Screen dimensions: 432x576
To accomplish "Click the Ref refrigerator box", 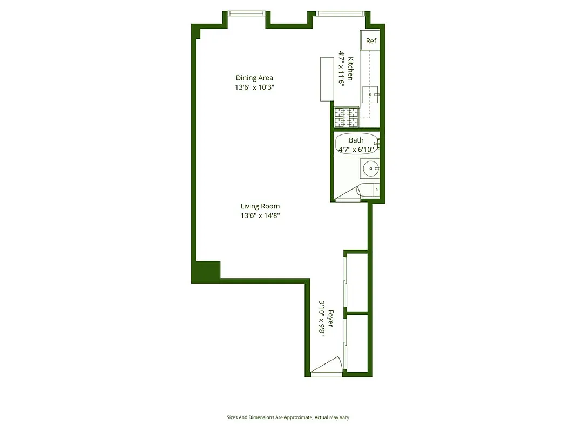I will (371, 41).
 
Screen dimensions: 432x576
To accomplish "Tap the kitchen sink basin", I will (371, 95).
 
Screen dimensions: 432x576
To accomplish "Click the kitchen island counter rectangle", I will (327, 79).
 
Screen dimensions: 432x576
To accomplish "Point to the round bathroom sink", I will (370, 168).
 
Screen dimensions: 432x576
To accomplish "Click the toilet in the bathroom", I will (368, 190).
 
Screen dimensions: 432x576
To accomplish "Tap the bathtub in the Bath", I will (356, 144).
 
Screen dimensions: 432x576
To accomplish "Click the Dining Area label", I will (254, 78).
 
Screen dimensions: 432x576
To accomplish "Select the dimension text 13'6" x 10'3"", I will (254, 87).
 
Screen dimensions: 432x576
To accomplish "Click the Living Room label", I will (260, 206).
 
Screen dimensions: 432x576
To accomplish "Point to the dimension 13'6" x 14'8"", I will (260, 215).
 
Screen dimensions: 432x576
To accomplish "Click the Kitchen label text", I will (350, 69).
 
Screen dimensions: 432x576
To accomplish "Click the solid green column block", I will (207, 271).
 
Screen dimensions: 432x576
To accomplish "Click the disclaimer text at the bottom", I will (288, 417).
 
